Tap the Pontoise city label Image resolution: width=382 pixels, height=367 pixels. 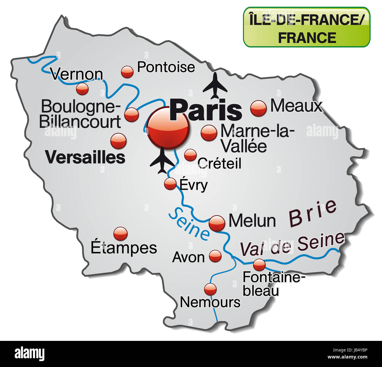[166, 67]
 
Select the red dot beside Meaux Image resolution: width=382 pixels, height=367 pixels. [258, 108]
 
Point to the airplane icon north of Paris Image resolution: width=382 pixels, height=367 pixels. [215, 85]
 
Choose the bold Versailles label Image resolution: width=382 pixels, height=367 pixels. [85, 157]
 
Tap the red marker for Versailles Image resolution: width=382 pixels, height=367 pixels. [118, 141]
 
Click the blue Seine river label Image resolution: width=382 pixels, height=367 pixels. [189, 224]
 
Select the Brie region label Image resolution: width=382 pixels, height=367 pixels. [313, 213]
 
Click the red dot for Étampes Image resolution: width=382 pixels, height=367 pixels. [120, 234]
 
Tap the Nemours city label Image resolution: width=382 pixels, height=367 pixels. [210, 302]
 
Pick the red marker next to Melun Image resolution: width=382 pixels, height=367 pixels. [217, 223]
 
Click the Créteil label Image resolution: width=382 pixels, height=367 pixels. [219, 163]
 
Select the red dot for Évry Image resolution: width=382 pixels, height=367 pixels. [170, 184]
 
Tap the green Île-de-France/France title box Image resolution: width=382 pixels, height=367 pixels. [306, 27]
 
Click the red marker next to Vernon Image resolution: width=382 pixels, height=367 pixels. [82, 88]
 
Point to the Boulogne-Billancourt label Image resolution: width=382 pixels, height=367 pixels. [80, 114]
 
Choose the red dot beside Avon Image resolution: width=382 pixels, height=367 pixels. [215, 256]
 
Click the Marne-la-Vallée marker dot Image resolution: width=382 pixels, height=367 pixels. [209, 133]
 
